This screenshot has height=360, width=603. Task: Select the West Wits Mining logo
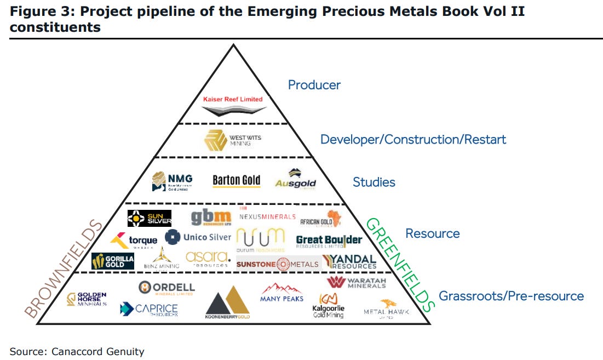coord(233,140)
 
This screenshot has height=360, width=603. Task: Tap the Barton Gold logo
coord(236,181)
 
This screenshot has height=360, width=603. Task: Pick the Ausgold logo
coord(296,180)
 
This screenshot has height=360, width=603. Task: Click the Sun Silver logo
coord(150,219)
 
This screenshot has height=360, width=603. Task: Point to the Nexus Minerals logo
coord(267,216)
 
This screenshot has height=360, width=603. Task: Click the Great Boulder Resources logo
coord(329,241)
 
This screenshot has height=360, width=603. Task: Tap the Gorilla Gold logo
coord(113,261)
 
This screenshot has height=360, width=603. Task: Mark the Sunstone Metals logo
coord(278,264)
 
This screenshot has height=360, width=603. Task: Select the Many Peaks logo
coord(282,293)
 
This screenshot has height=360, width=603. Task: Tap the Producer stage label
coord(314,85)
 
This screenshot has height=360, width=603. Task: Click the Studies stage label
coord(374,182)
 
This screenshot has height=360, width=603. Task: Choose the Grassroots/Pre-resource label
coord(511,296)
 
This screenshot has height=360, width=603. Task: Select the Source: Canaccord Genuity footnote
coord(77,351)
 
